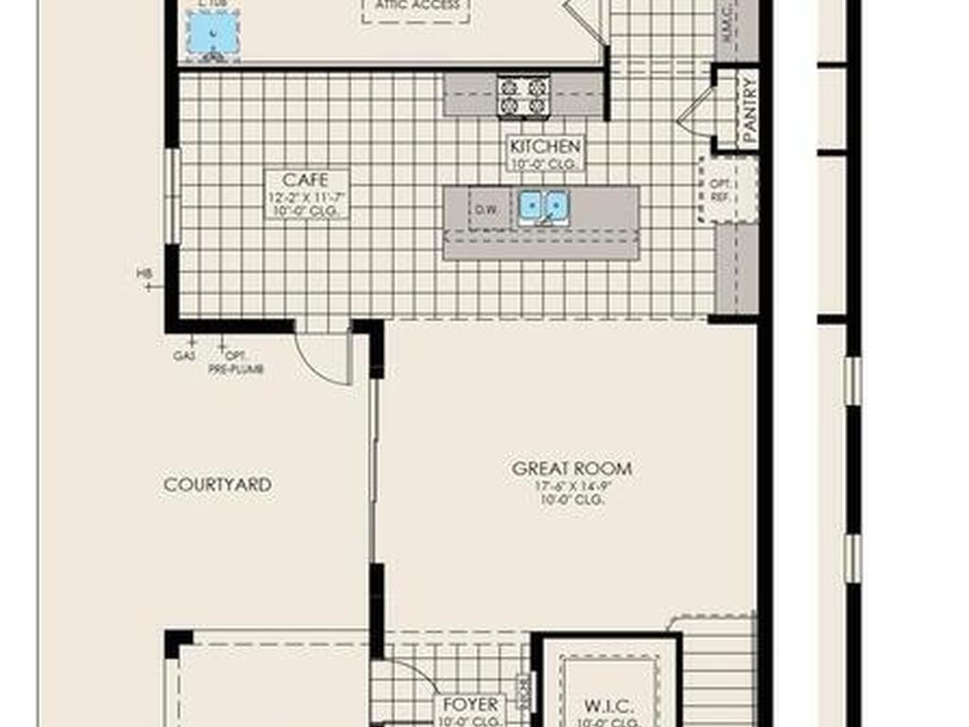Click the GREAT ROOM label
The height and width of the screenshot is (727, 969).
tap(572, 469)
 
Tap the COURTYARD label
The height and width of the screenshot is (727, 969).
tap(218, 485)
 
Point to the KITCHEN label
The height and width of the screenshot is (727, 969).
tap(545, 147)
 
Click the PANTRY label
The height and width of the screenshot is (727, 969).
tap(749, 112)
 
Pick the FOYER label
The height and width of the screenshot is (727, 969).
tap(470, 705)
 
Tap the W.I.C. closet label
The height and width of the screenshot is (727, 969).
tap(608, 706)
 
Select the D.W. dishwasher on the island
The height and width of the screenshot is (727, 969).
tap(487, 209)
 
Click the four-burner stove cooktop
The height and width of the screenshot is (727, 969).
tap(524, 95)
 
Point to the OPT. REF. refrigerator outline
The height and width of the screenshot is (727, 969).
tap(727, 189)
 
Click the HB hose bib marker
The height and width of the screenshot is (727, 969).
tap(145, 274)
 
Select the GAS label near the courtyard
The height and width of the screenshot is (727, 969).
tap(185, 357)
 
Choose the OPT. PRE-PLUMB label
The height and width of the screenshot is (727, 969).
tap(235, 363)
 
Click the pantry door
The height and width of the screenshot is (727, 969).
tap(696, 112)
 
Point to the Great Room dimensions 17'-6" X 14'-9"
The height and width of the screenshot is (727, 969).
tap(572, 487)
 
